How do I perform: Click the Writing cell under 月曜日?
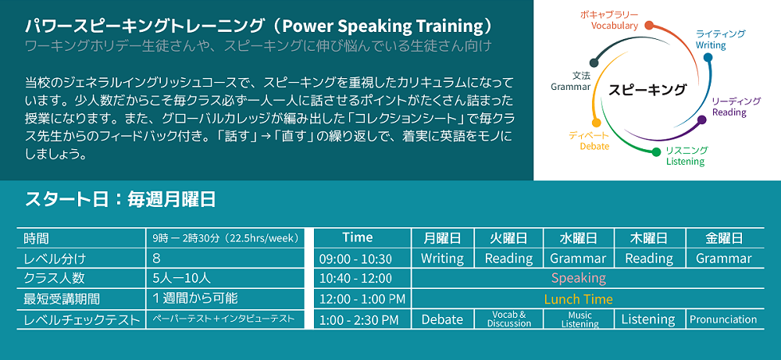(x=442, y=258)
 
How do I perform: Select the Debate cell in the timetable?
(x=442, y=319)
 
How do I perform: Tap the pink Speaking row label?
(x=578, y=278)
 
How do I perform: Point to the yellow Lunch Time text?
(x=578, y=299)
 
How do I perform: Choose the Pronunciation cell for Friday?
(x=723, y=319)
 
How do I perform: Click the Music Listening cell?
(x=580, y=319)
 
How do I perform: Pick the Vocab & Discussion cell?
(x=509, y=319)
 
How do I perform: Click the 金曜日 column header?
(x=724, y=238)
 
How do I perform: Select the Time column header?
(x=358, y=237)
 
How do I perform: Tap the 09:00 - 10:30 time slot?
(x=355, y=259)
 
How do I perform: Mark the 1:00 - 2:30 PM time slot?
(x=358, y=319)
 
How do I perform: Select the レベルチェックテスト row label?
(x=82, y=319)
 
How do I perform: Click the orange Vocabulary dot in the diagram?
(x=649, y=25)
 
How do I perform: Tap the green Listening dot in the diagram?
(x=656, y=151)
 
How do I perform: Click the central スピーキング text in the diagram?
(x=647, y=90)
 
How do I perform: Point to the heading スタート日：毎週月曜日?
(x=120, y=200)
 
